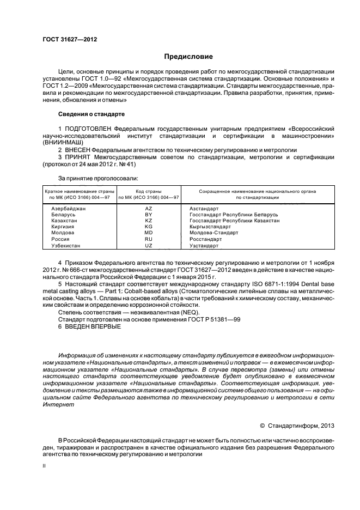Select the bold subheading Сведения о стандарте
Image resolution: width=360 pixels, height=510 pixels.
pos(91,114)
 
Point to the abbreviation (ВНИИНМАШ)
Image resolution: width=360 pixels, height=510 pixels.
pos(62,142)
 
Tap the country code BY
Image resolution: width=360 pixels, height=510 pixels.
pos(148,215)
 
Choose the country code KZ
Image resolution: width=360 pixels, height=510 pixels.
pos(148,221)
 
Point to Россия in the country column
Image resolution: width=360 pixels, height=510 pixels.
pos(60,239)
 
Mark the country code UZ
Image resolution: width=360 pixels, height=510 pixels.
pos(148,246)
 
